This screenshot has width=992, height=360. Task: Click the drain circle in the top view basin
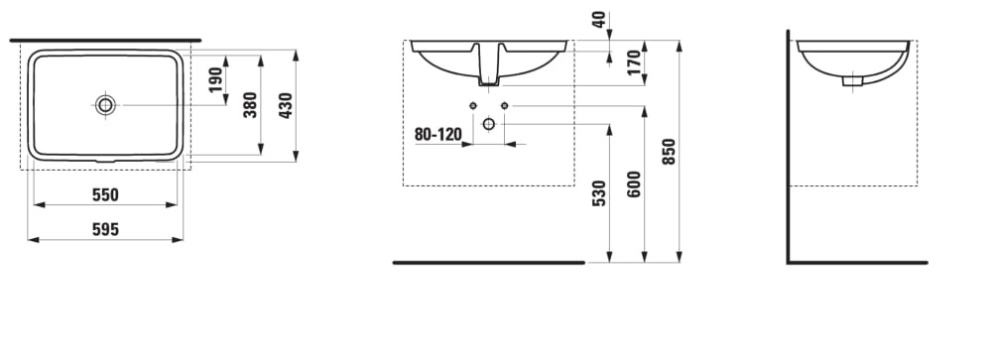click(106, 104)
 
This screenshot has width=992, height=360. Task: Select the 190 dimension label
click(215, 80)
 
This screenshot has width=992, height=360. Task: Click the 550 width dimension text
click(105, 194)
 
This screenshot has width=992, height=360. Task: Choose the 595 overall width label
click(105, 229)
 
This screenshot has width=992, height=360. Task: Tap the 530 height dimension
click(598, 193)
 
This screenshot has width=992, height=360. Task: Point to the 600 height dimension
click(634, 184)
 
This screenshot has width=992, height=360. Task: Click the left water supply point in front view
click(473, 105)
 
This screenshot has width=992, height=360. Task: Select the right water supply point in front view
click(504, 105)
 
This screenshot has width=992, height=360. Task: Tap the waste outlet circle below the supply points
click(488, 123)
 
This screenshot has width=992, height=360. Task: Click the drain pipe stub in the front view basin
click(488, 67)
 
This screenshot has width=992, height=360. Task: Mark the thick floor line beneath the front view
click(488, 263)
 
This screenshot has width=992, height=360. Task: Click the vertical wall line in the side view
click(788, 149)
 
